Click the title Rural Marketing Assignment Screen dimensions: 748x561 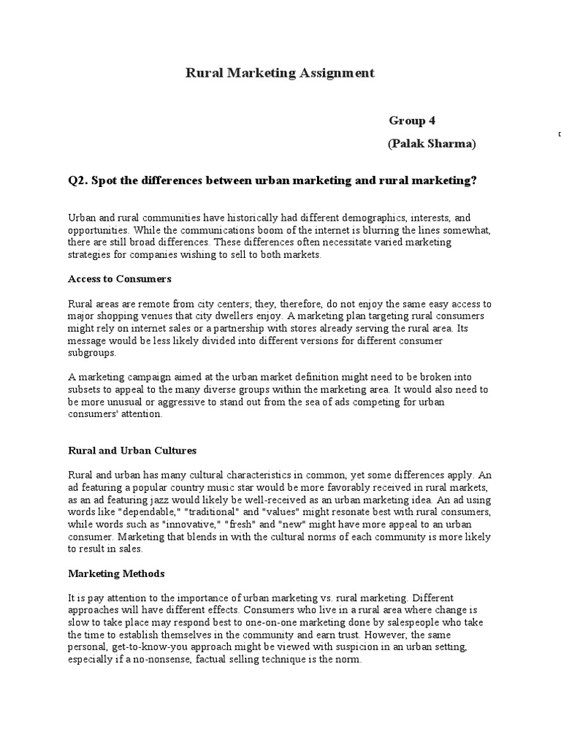(x=280, y=72)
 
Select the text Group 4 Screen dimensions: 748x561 (x=412, y=121)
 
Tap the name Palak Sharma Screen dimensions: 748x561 (x=431, y=144)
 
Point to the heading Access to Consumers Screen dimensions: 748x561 (x=119, y=278)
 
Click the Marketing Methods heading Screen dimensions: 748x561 (x=116, y=573)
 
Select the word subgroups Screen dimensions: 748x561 (x=91, y=352)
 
